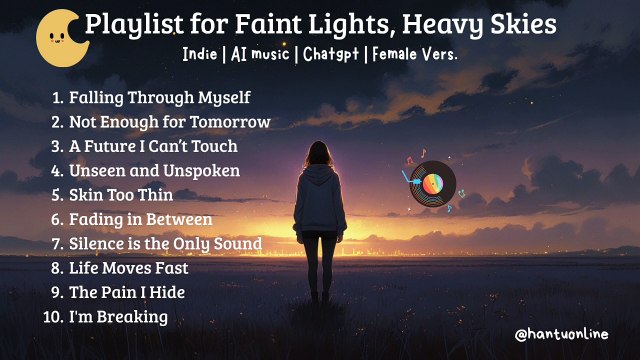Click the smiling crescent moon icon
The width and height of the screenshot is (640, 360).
click(x=60, y=34)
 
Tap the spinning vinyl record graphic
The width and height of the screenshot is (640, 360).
click(x=431, y=184)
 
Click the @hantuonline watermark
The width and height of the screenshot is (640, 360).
click(x=560, y=334)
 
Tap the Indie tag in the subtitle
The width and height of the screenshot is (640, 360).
click(x=201, y=54)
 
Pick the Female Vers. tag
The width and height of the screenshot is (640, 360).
click(x=414, y=54)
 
